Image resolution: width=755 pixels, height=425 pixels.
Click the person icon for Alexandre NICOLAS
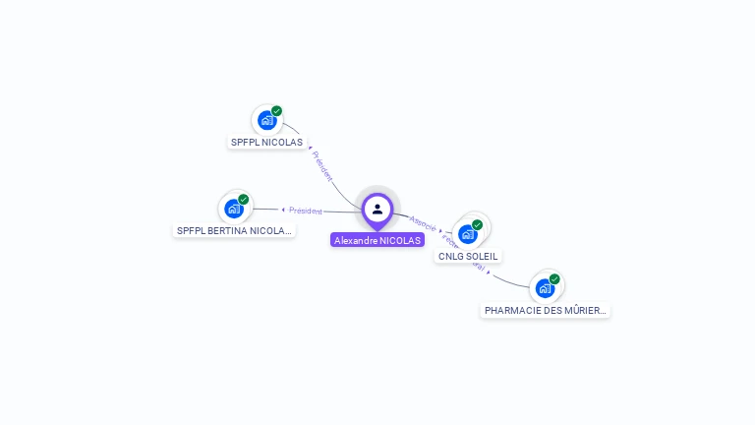click(377, 209)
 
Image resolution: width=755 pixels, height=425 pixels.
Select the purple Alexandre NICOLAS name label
click(377, 240)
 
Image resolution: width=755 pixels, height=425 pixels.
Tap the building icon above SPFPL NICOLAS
click(266, 120)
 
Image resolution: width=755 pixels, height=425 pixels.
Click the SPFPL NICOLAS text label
click(266, 142)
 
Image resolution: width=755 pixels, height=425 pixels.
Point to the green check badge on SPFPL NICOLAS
click(277, 111)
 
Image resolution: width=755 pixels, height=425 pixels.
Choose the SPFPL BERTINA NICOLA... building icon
click(233, 209)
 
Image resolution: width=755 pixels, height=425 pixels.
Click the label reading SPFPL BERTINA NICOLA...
click(234, 231)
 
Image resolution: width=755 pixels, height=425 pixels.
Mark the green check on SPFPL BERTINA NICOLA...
click(244, 200)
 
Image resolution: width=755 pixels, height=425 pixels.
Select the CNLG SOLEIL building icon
click(468, 234)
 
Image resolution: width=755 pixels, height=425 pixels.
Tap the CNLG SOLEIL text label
click(469, 257)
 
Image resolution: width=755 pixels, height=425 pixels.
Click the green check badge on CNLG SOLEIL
click(478, 225)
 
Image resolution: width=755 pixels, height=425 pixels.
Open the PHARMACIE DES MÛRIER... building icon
click(545, 288)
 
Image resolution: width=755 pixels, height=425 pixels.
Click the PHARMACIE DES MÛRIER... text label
click(546, 311)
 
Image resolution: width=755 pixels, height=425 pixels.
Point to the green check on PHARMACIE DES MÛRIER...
click(554, 279)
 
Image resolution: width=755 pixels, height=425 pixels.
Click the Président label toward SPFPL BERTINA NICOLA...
click(305, 211)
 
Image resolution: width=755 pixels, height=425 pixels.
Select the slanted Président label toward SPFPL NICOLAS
click(322, 164)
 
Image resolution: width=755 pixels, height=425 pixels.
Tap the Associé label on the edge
click(423, 222)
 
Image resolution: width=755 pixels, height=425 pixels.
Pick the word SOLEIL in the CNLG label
click(483, 257)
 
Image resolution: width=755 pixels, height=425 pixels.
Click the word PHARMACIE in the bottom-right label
click(513, 311)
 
